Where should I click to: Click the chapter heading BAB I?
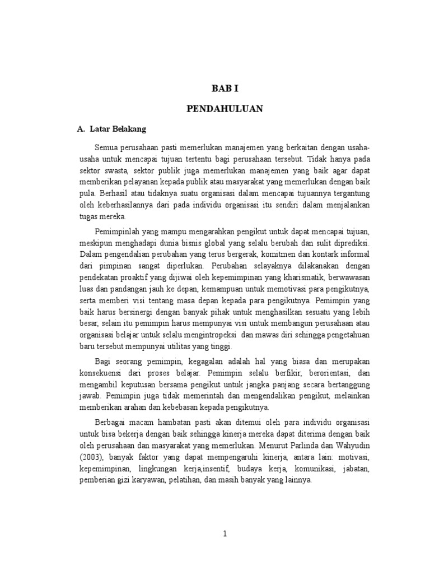tap(224, 88)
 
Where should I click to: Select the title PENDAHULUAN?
tap(225, 109)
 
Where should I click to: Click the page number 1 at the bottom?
tap(225, 534)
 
